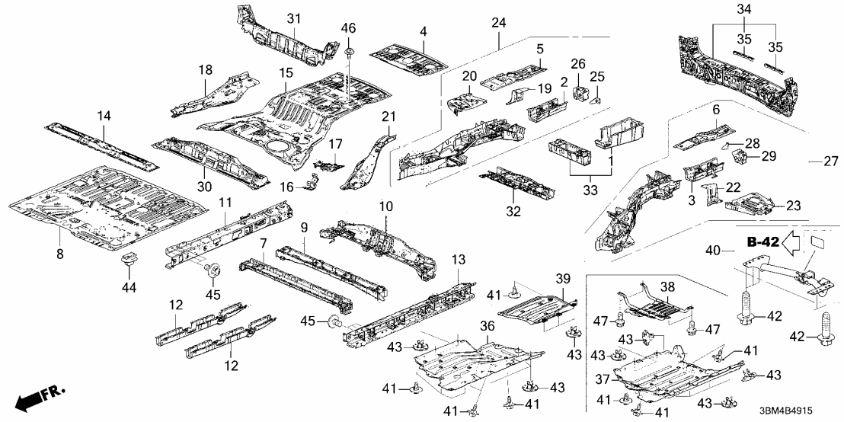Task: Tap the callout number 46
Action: click(x=347, y=28)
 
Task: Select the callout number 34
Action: click(x=744, y=9)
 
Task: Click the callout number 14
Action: click(x=104, y=116)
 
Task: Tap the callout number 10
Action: click(x=386, y=207)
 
